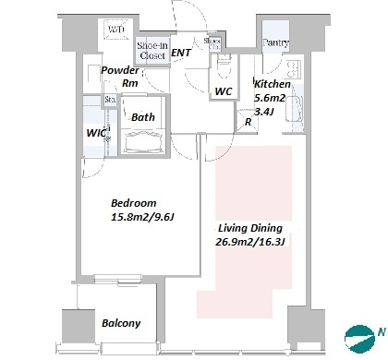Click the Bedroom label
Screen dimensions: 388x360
134,203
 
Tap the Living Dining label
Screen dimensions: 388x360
250,228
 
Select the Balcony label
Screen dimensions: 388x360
121,323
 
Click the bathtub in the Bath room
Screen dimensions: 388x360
142,141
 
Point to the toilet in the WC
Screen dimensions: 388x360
224,66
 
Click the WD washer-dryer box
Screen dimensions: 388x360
115,30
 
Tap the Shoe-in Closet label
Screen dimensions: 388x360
152,51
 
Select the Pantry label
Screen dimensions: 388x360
275,42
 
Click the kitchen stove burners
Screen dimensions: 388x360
293,69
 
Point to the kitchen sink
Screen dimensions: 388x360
294,108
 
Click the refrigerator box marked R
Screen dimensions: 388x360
247,122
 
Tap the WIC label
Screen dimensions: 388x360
96,133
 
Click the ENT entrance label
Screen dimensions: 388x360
181,53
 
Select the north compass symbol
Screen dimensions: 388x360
359,339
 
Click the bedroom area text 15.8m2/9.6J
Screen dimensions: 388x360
142,218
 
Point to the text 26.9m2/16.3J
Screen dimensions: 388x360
249,242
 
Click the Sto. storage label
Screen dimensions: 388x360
110,100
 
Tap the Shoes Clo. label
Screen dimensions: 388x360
212,43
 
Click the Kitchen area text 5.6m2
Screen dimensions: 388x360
270,98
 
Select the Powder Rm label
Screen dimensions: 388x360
121,77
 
